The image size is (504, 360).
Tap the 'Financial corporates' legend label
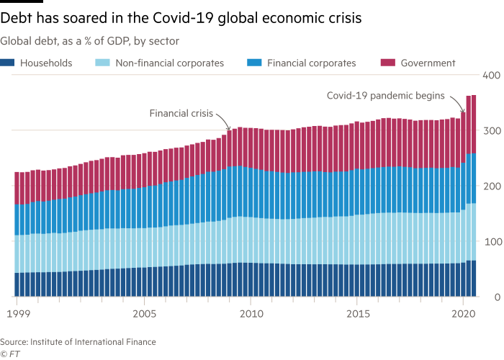click(x=311, y=63)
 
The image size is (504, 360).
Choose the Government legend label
click(x=428, y=63)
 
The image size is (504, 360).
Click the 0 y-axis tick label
click(x=495, y=297)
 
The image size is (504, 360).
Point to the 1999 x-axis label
click(x=15, y=315)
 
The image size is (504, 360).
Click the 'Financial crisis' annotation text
click(x=181, y=113)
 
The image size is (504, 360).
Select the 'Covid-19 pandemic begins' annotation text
click(x=386, y=95)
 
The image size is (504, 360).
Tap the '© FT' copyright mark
click(x=10, y=354)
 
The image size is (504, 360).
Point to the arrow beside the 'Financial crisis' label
click(x=223, y=120)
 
